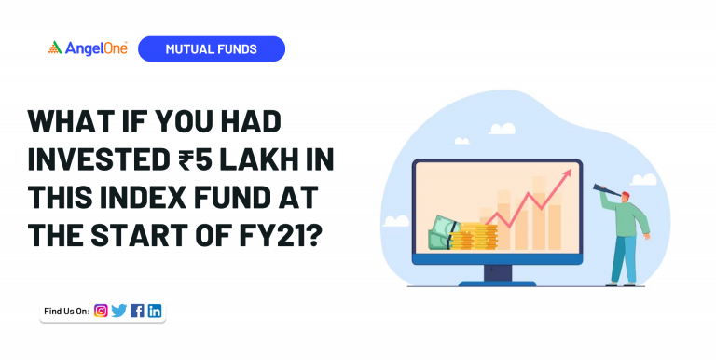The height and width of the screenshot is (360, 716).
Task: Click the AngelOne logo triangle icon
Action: [55, 48]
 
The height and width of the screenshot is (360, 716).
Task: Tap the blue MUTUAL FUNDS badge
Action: [211, 48]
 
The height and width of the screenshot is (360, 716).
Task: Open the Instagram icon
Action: [101, 311]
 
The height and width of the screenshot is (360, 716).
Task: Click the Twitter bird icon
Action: [118, 311]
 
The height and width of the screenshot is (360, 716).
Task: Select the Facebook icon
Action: [137, 311]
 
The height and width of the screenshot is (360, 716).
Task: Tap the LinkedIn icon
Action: [155, 311]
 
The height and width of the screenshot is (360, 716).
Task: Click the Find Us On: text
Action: [66, 311]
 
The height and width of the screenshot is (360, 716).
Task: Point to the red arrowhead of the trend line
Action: [570, 175]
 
